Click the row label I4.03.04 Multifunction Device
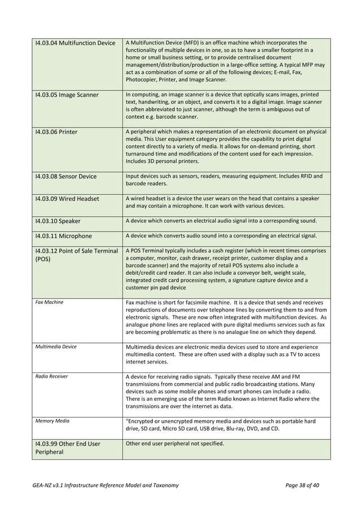click(74, 43)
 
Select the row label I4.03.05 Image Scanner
click(67, 94)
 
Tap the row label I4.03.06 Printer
click(56, 132)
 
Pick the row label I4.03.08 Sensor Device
click(65, 176)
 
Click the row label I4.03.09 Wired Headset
click(67, 199)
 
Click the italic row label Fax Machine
click(49, 302)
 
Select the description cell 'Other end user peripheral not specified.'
click(174, 443)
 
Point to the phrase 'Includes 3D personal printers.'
click(162, 161)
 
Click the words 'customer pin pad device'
click(155, 287)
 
